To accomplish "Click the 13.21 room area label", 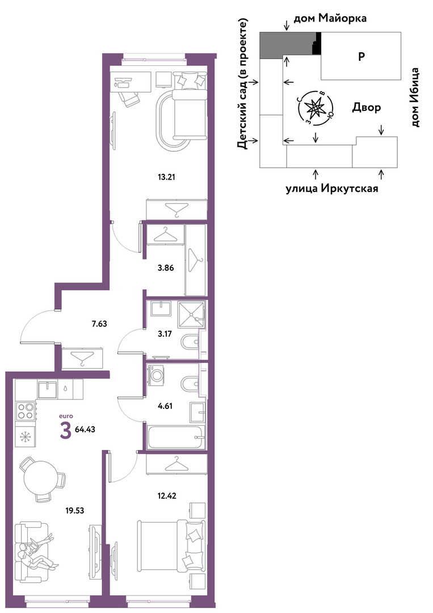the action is pyautogui.click(x=166, y=177).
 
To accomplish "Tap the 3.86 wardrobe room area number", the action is pyautogui.click(x=166, y=268).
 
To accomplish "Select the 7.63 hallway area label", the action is pyautogui.click(x=99, y=324).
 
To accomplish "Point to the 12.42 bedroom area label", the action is pyautogui.click(x=167, y=496).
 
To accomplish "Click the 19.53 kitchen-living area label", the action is pyautogui.click(x=74, y=511).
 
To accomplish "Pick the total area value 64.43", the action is pyautogui.click(x=85, y=429).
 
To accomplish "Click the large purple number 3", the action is pyautogui.click(x=66, y=431).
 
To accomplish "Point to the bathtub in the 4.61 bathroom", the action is pyautogui.click(x=176, y=437).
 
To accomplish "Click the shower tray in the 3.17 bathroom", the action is pyautogui.click(x=191, y=315).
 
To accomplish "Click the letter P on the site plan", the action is pyautogui.click(x=361, y=56).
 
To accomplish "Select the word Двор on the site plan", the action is pyautogui.click(x=367, y=107).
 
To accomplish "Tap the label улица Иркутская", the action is pyautogui.click(x=332, y=189).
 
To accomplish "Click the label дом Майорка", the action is pyautogui.click(x=330, y=18).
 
